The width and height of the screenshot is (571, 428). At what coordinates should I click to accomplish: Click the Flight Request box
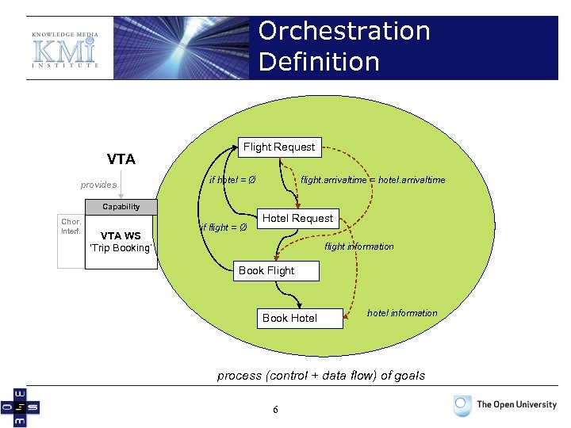(x=278, y=147)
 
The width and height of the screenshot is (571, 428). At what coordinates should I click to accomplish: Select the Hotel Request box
(x=297, y=218)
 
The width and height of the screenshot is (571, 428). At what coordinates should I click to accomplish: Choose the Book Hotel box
(x=289, y=318)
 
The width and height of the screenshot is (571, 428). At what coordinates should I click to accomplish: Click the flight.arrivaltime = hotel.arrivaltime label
(x=373, y=180)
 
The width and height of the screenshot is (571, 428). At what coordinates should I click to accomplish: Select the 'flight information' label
(x=358, y=246)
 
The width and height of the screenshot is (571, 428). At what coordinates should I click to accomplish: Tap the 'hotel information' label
(x=402, y=313)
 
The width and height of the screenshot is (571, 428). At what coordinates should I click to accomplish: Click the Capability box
(x=121, y=207)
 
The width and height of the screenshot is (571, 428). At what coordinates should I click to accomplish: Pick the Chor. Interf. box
(x=71, y=226)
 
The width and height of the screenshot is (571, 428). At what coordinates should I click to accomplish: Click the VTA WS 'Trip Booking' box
(x=121, y=242)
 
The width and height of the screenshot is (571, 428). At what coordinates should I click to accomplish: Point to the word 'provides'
(x=98, y=185)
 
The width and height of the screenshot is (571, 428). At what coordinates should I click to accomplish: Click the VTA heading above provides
(x=121, y=159)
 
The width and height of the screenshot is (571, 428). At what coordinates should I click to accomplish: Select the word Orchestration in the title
(x=344, y=31)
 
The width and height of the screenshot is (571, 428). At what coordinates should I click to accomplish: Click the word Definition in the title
(x=319, y=61)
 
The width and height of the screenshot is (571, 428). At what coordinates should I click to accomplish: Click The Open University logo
(x=505, y=405)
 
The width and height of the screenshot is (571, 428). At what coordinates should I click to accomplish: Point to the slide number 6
(x=275, y=410)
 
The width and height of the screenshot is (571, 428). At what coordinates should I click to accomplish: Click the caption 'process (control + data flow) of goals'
(x=320, y=375)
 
